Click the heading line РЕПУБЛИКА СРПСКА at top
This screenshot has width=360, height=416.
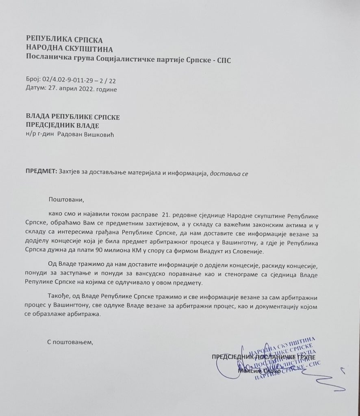65,39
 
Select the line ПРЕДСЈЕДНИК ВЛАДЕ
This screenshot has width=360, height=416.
62,125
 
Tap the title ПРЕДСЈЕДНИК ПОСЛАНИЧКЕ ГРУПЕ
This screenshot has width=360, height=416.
266,357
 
